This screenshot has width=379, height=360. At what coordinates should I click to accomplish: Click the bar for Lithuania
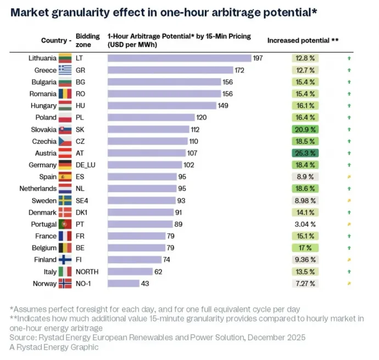pos(179,58)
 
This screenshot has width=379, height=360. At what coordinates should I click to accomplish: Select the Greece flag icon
pos(66,70)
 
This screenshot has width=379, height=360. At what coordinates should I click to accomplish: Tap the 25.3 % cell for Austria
pos(305,153)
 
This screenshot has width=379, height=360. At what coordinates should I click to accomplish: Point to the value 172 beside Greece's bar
pos(240,70)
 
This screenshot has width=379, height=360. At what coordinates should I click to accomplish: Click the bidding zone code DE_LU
pos(86,165)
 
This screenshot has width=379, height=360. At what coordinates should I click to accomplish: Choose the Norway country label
pos(44,283)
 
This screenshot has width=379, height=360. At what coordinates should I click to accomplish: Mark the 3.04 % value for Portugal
pos(305,224)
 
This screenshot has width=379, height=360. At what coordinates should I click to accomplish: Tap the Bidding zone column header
pos(87,40)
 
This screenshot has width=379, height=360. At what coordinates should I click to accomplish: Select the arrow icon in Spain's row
pos(349,177)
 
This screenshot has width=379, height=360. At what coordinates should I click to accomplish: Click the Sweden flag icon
pos(66,200)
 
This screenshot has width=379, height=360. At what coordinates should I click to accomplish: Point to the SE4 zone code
pos(82,200)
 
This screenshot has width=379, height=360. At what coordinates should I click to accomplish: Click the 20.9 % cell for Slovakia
pos(305,130)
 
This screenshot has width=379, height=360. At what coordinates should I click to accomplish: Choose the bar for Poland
pos(151,117)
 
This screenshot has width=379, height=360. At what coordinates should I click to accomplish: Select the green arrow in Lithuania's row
pos(349,58)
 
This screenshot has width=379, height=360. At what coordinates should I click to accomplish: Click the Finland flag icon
pos(66,260)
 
